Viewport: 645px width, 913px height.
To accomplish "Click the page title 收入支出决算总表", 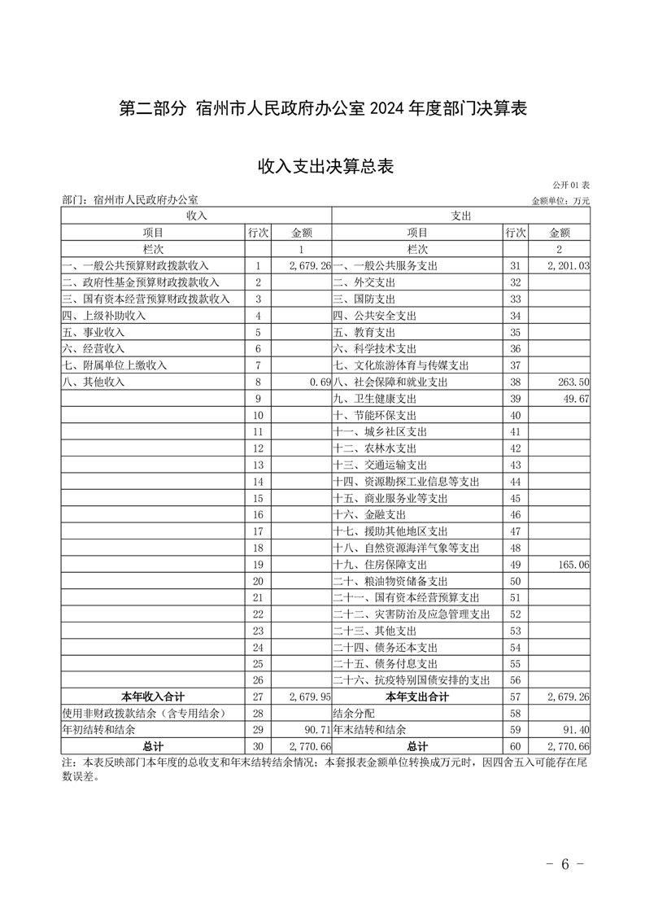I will tap(325, 167).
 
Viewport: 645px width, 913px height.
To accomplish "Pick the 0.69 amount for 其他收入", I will tap(320, 382).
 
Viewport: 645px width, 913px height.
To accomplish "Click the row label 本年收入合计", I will tap(153, 697).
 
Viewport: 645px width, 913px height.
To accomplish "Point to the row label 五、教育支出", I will tap(364, 332).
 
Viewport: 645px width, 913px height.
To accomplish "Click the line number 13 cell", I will tap(258, 465).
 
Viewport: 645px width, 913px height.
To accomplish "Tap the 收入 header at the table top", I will tap(197, 216).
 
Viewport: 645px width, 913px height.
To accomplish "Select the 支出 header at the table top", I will tap(461, 216).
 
